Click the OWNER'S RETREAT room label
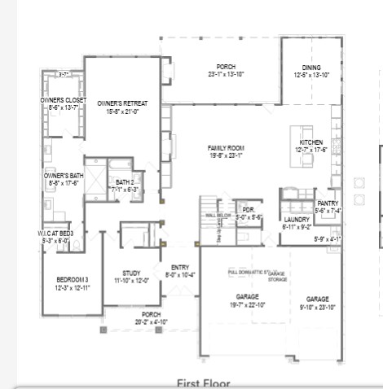[x=122, y=103]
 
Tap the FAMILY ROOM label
[x=226, y=147]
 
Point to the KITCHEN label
[x=311, y=142]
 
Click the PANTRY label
[x=328, y=203]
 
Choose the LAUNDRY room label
[x=296, y=220]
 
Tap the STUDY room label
[x=131, y=273]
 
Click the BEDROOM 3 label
[x=72, y=280]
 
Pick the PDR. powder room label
[x=248, y=210]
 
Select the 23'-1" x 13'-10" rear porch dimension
[x=226, y=74]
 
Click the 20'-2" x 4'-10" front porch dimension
[x=151, y=321]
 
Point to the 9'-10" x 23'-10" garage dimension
[x=318, y=307]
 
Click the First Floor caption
[x=203, y=382]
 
